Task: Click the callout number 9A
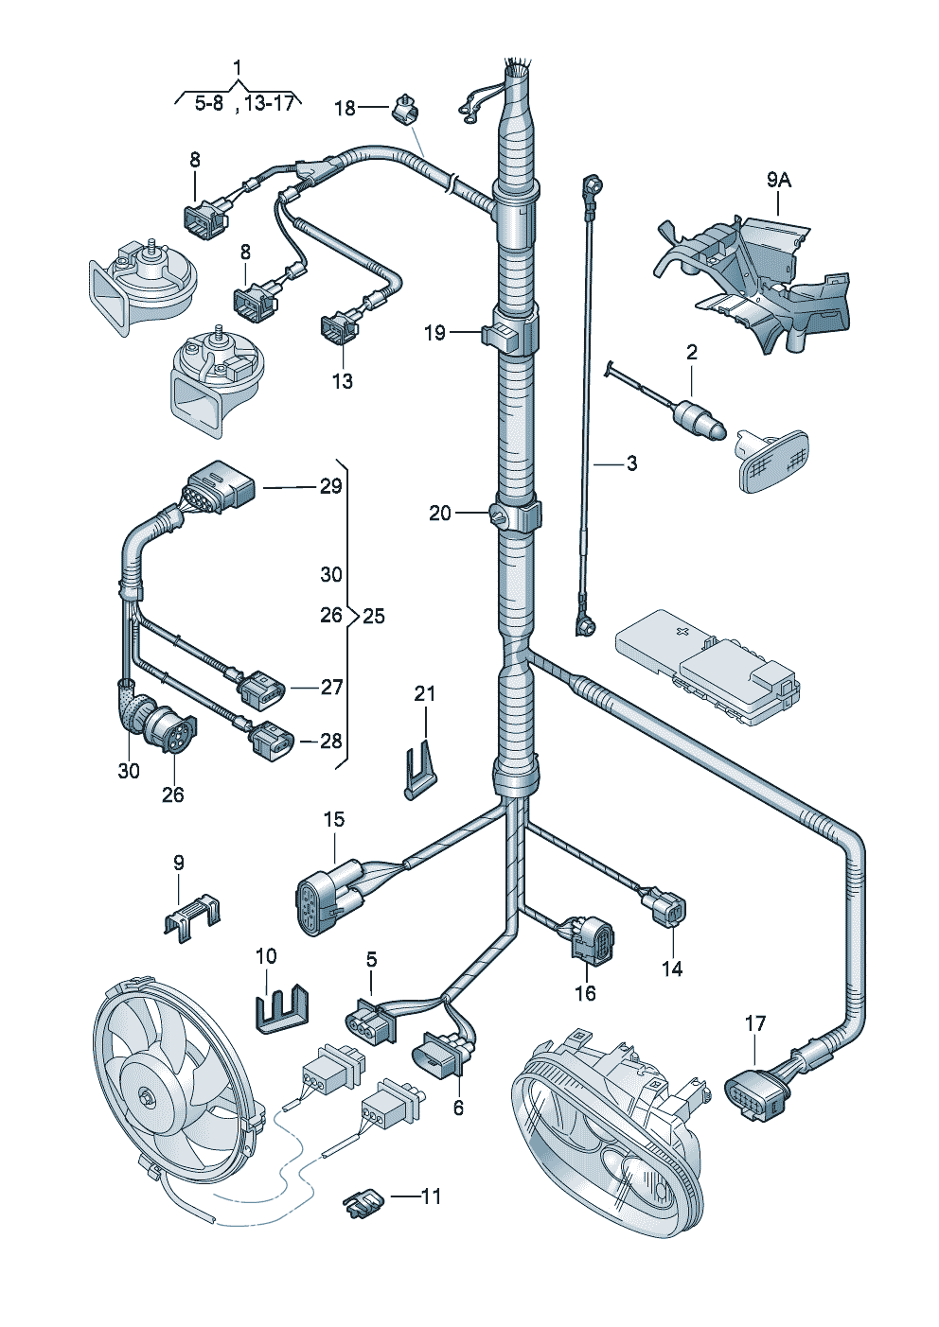click(778, 180)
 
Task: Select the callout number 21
click(424, 693)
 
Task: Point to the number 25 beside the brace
click(374, 617)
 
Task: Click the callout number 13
click(342, 381)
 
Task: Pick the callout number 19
click(434, 333)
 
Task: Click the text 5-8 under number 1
click(208, 104)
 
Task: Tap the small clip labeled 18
click(406, 108)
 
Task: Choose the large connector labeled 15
click(329, 899)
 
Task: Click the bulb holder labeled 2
click(700, 416)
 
